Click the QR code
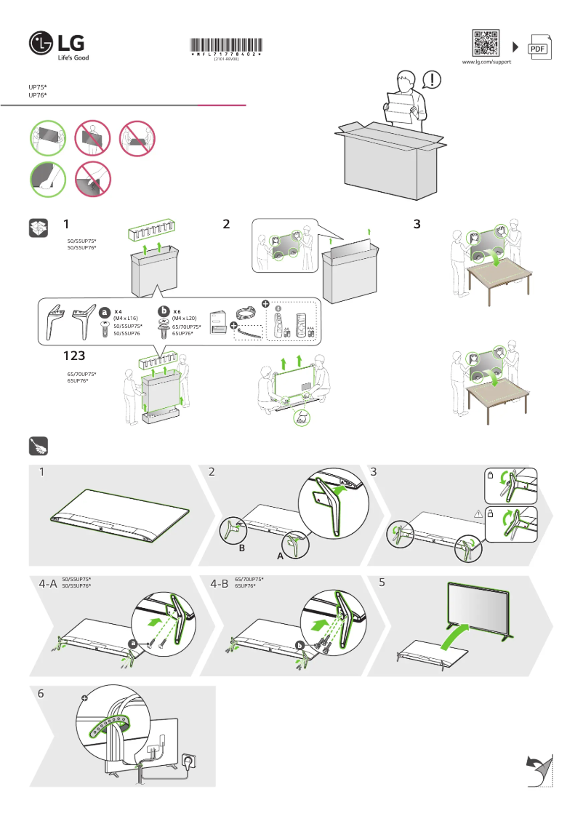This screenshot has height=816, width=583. point(486,43)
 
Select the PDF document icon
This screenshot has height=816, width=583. point(538,47)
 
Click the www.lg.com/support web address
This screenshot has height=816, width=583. point(486,63)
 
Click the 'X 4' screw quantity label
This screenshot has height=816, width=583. point(118,311)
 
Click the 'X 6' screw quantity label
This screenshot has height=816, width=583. point(177,311)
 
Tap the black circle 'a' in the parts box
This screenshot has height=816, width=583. point(105,312)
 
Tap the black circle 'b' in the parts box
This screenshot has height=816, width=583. point(164,312)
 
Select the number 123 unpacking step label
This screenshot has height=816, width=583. point(75,356)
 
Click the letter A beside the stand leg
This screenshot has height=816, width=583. point(280,555)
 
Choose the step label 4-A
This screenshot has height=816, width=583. point(48,583)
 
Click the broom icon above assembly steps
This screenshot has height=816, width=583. point(39,446)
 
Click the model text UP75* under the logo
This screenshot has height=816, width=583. point(38,87)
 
